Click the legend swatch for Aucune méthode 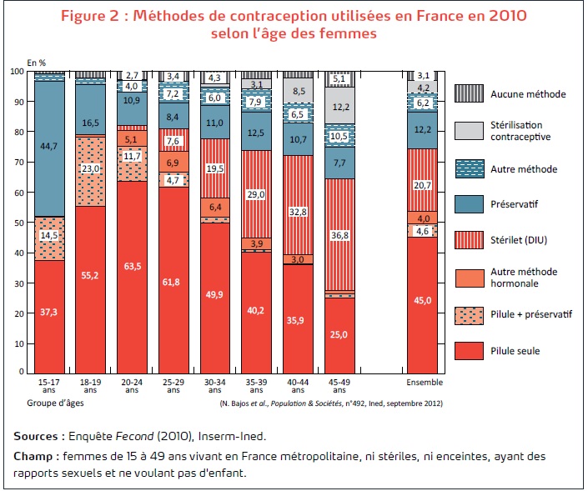(469, 93)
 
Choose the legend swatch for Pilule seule (469, 351)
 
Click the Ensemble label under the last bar (423, 382)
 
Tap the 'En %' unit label (37, 62)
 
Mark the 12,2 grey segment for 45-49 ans (339, 106)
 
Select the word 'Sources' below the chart (37, 435)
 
